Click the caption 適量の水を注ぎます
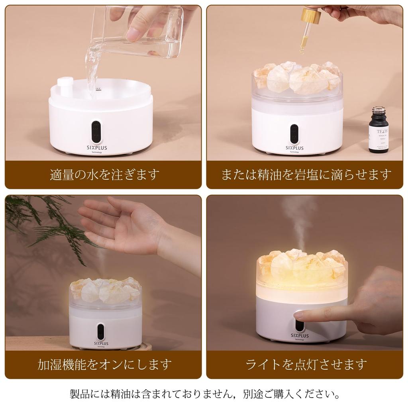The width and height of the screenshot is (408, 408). click(x=104, y=175)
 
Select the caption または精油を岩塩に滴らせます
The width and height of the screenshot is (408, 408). click(x=306, y=175)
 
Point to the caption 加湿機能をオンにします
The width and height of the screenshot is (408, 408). click(x=104, y=364)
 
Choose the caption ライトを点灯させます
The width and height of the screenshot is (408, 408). click(x=306, y=364)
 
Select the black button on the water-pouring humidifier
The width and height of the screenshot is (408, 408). click(x=96, y=131)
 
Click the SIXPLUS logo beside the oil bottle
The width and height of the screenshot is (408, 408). click(x=294, y=148)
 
